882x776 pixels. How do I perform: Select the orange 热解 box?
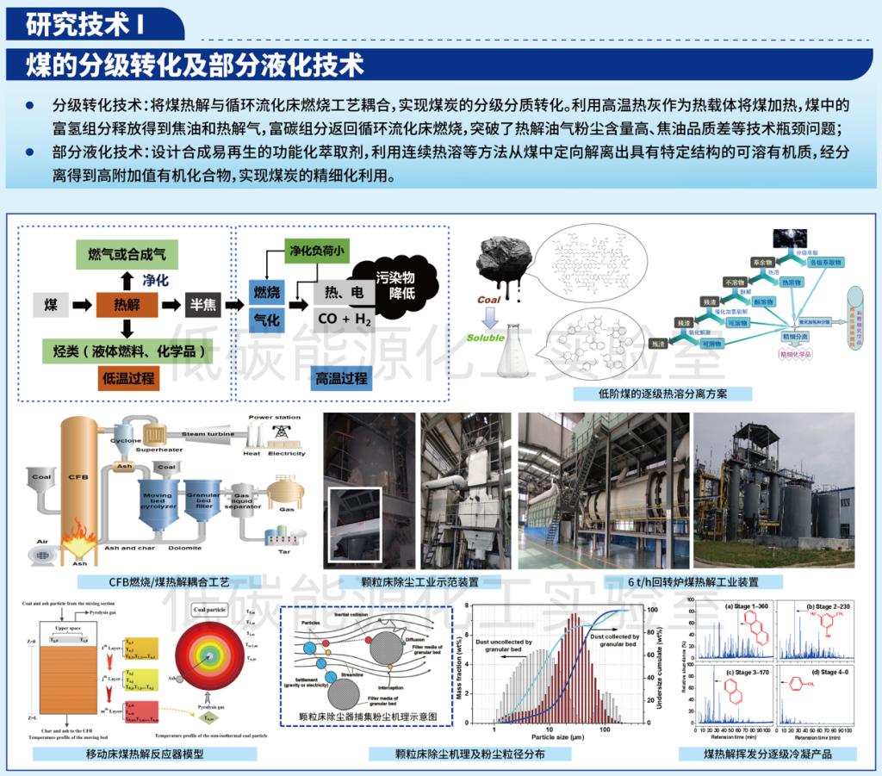coord(127,304)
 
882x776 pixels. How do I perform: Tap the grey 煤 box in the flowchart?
coord(51,304)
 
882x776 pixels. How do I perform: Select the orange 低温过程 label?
coord(128,378)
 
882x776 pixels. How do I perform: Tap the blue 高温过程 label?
coord(341,378)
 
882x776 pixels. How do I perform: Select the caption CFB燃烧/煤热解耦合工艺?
coord(161,582)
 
